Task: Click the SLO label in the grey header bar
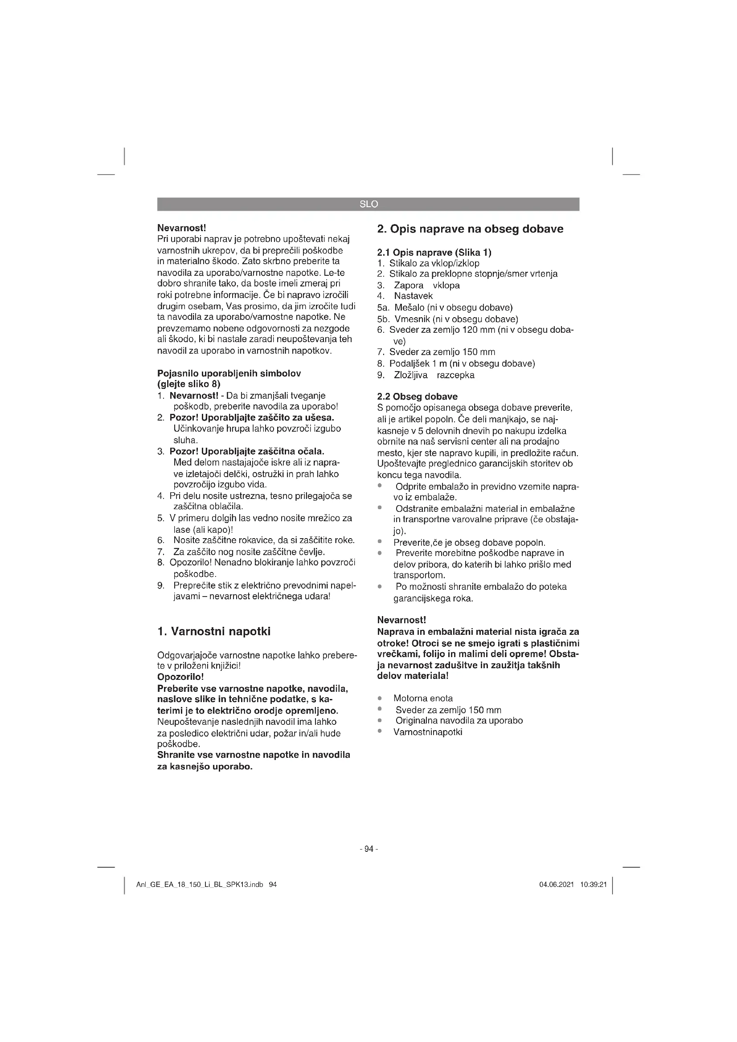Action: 368,204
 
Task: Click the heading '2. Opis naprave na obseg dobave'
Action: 470,229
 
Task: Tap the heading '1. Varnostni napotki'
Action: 214,631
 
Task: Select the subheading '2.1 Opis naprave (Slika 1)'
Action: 434,252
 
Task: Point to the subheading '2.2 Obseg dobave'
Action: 417,396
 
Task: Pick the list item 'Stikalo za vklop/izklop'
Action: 434,263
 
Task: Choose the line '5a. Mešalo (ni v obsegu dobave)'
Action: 445,308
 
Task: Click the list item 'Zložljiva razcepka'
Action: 434,375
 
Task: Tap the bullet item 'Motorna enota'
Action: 423,698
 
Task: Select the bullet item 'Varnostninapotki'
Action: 427,731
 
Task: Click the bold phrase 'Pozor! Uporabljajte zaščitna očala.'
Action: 247,451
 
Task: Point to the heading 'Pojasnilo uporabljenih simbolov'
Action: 229,373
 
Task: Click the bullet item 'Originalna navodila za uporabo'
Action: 459,720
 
